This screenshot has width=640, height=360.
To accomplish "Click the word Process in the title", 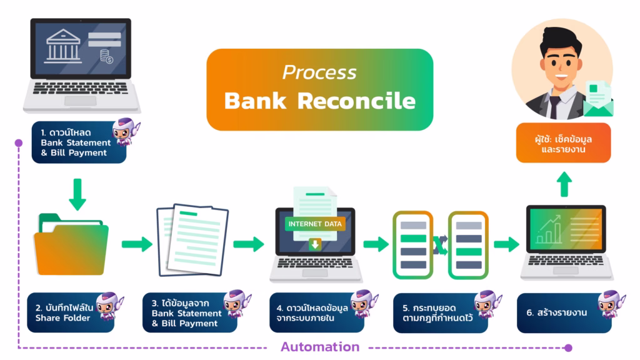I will click(319, 72).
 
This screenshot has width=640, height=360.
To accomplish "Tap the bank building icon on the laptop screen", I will click(67, 44).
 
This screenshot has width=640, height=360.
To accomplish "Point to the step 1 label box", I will click(79, 143).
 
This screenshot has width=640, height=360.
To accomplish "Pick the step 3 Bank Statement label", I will click(185, 313).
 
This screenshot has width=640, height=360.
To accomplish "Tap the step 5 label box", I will click(435, 312).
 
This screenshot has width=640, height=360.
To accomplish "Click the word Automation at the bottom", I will click(319, 346).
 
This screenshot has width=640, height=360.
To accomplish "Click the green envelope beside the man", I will click(599, 100).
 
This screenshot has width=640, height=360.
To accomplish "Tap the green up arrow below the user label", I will click(564, 184).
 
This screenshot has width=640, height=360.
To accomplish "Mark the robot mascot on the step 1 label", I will click(125, 132).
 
